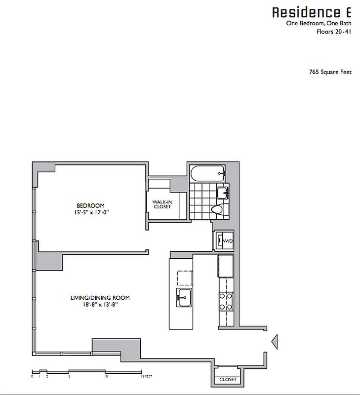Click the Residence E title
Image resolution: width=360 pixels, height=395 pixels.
point(312,12)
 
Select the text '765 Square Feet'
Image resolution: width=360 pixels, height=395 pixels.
point(330,72)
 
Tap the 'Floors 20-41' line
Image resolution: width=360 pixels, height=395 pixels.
point(334,32)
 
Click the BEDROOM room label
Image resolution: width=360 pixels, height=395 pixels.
point(90,206)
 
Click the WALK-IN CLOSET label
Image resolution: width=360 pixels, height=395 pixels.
point(161,204)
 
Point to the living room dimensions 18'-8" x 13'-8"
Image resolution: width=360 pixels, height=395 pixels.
point(100,305)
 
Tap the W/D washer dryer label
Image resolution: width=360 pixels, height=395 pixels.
point(228,241)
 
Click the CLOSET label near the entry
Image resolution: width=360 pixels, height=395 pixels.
point(228,380)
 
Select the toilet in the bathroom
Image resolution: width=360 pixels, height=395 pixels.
point(217,210)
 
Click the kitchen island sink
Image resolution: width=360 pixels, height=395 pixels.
point(184,297)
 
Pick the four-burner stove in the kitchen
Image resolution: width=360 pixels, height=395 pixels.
point(226,302)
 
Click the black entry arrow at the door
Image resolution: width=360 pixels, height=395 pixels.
point(276,341)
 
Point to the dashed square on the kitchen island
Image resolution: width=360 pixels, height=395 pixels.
point(184,278)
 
